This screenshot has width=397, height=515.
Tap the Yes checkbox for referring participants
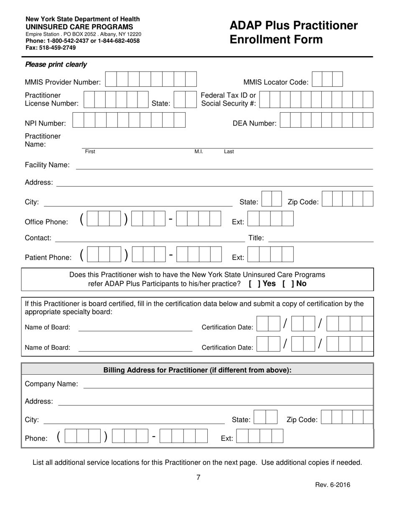point(253,283)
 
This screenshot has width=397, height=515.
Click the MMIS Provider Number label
point(63,82)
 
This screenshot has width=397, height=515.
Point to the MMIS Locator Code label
point(276,82)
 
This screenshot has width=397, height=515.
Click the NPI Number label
point(45,123)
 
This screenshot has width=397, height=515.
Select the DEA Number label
point(254,123)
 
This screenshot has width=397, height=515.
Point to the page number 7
point(198,477)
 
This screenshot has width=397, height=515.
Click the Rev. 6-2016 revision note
point(333,485)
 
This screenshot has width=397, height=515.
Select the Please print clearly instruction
point(56,64)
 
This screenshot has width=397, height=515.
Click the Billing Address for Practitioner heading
point(197,370)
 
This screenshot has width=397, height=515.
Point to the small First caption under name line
point(90,152)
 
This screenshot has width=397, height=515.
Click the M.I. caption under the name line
point(198,152)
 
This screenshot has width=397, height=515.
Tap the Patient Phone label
point(48,257)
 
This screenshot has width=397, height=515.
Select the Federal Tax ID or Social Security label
point(229,99)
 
